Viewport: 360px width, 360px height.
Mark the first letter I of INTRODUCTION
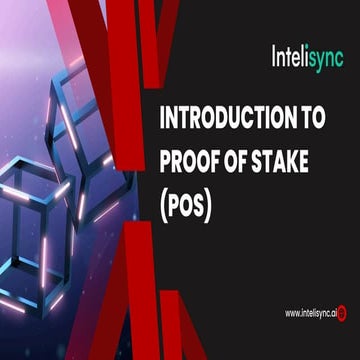click(x=163, y=118)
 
